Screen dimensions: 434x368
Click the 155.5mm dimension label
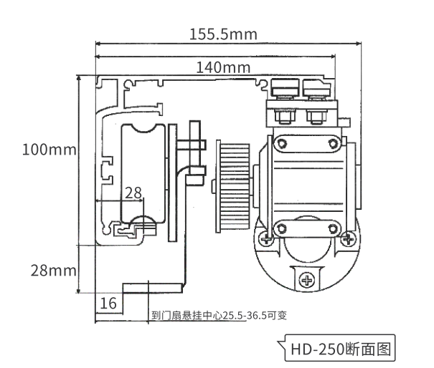(x=223, y=34)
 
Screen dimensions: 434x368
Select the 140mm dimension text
(x=223, y=67)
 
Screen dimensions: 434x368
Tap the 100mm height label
(x=49, y=150)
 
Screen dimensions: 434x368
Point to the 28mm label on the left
(x=53, y=271)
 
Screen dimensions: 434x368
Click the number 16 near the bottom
(x=108, y=304)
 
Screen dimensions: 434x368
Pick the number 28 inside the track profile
(x=133, y=193)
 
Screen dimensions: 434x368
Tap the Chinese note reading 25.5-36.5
(x=219, y=315)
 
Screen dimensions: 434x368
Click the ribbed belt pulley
(x=233, y=186)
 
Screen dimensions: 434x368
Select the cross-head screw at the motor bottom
(x=307, y=281)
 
